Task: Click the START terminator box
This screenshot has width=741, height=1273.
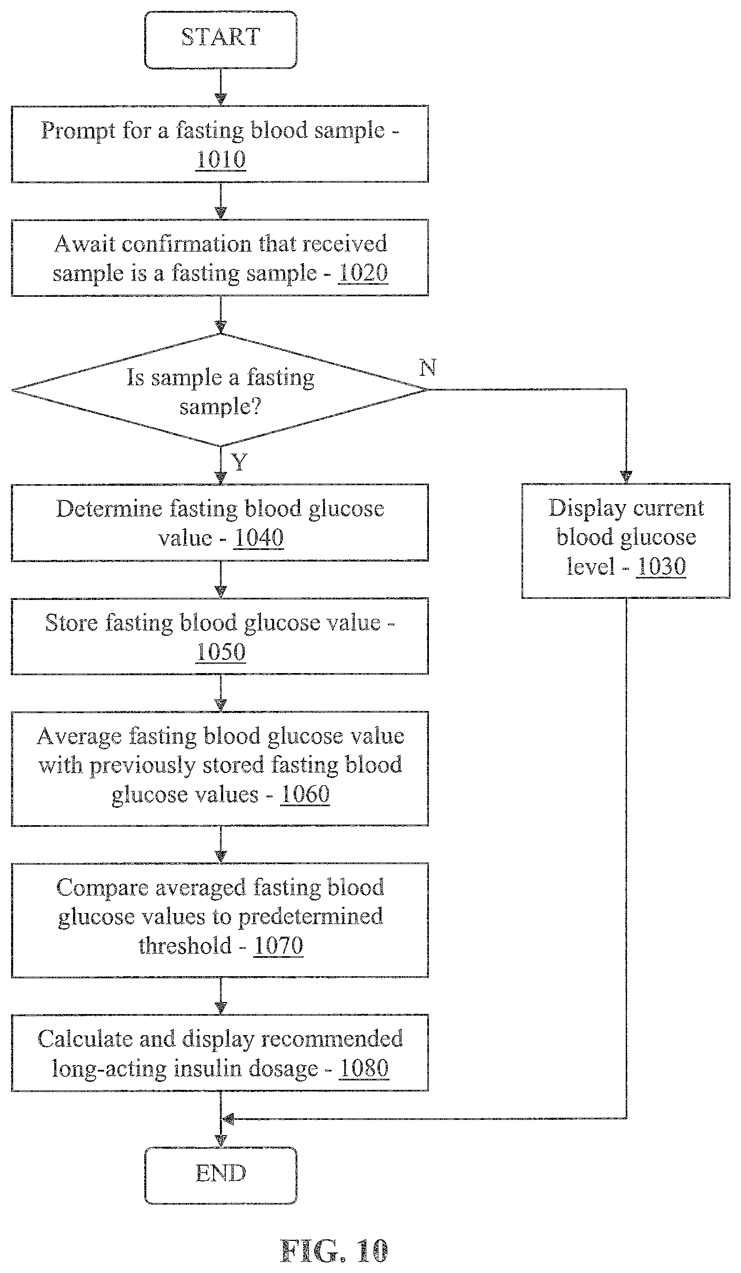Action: point(221,40)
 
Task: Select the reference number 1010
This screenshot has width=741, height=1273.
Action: point(221,159)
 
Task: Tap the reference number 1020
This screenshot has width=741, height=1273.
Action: point(363,273)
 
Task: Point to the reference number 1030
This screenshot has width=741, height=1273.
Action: point(661,567)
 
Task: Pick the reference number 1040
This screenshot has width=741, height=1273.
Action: point(258,538)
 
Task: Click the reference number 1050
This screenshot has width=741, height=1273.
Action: point(221,651)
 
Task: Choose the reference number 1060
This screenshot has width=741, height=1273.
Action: point(305,794)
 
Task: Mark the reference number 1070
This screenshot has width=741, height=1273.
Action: point(278,946)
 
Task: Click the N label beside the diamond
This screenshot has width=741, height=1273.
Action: point(427,368)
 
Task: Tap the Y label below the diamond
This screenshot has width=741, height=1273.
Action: point(239,463)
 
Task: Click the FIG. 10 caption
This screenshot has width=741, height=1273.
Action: point(334,1251)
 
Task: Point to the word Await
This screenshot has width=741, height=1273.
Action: point(81,244)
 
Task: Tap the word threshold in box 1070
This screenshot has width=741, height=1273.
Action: point(185,946)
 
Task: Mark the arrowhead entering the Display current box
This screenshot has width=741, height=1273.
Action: point(626,477)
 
